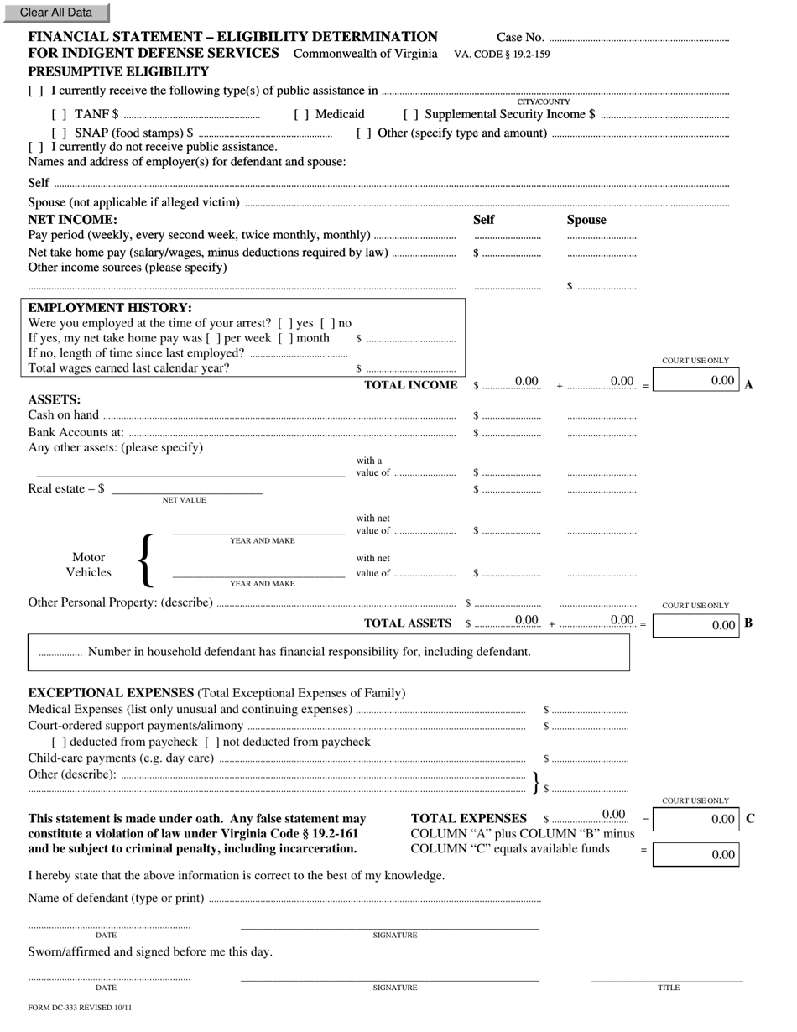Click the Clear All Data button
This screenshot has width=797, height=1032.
(55, 13)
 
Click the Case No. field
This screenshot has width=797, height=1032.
(638, 38)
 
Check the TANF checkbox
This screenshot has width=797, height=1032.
(60, 114)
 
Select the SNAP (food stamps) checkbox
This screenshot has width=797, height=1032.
(60, 133)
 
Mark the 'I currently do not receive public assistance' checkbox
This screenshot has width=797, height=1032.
(36, 147)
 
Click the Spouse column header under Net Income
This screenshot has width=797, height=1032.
(586, 220)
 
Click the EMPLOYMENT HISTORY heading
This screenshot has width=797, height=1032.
(110, 308)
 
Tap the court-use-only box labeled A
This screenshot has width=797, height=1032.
(695, 380)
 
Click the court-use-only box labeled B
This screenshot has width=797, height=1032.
(695, 625)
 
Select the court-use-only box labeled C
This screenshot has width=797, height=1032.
(695, 819)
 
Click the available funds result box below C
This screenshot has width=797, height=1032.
(695, 854)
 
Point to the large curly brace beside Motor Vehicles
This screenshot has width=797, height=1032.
(146, 560)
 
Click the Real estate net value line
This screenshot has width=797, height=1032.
(186, 489)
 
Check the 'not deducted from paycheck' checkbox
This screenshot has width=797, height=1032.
(212, 742)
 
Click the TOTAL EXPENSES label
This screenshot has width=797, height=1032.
(468, 819)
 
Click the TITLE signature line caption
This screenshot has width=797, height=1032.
(668, 988)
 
